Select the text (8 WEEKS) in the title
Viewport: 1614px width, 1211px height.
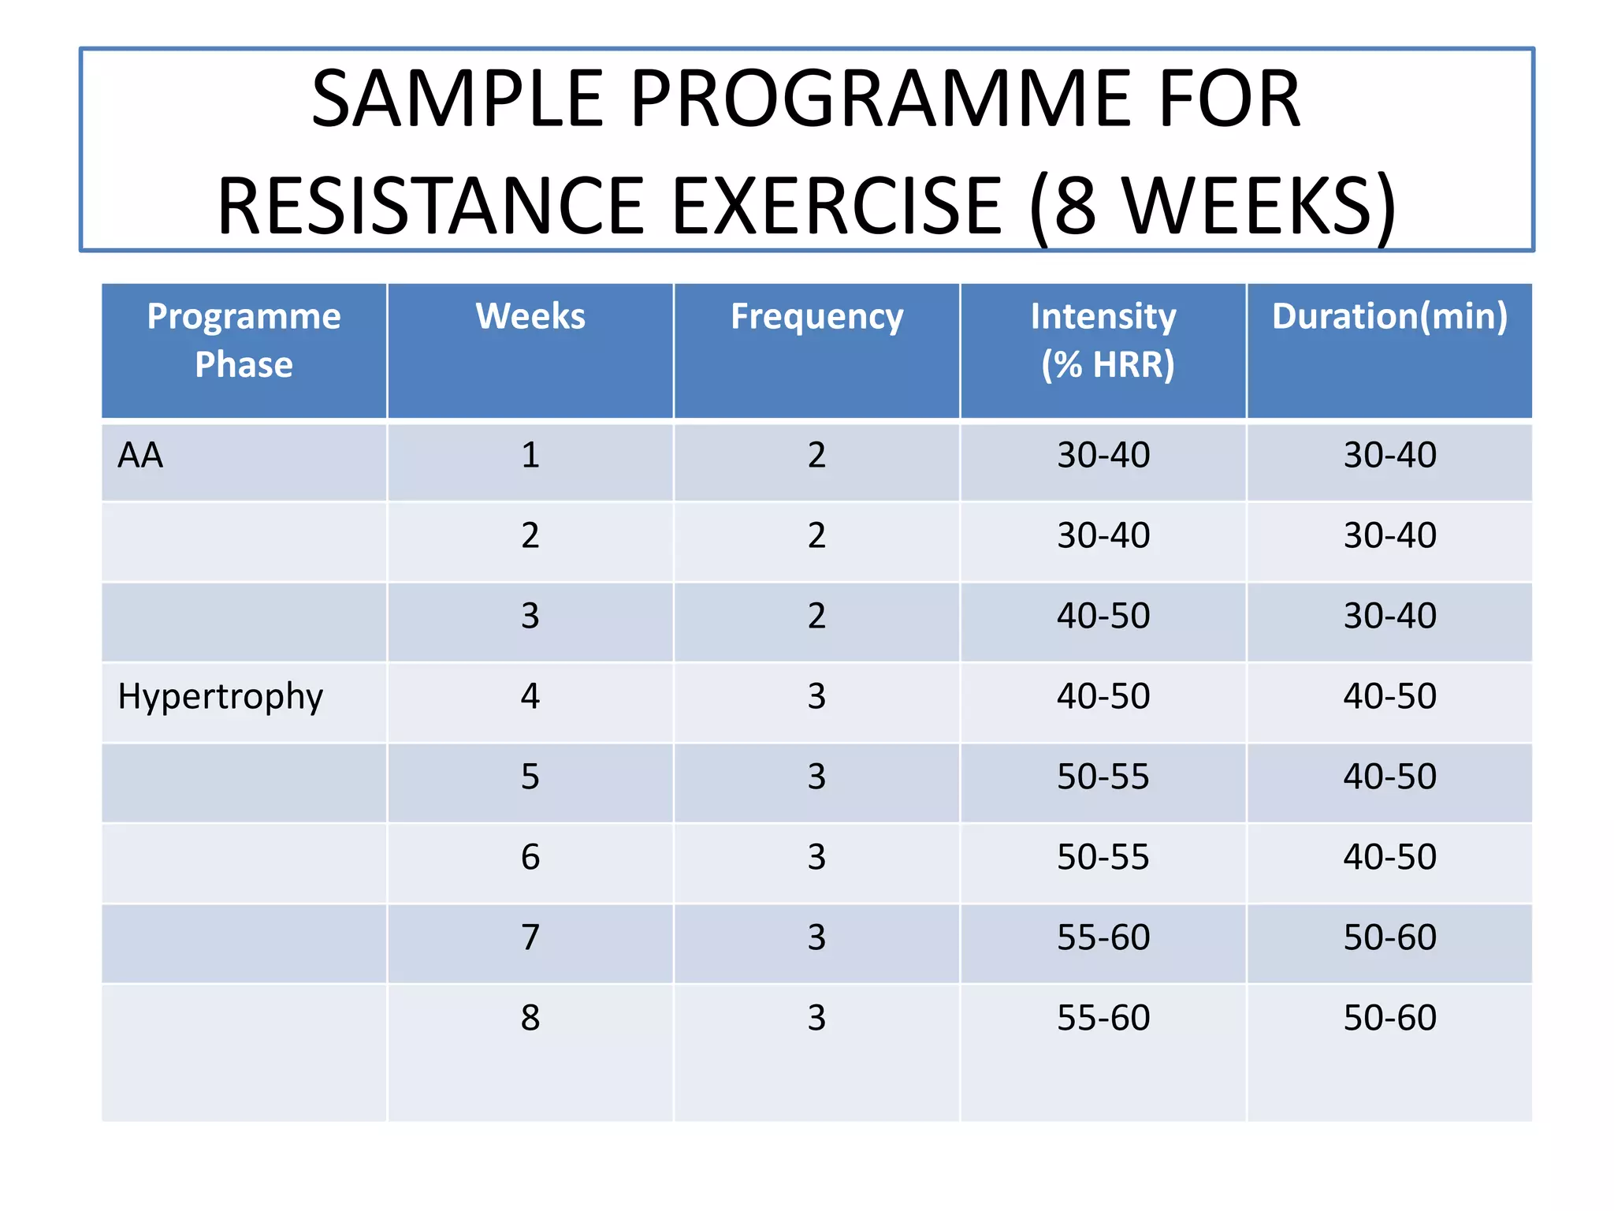click(x=1213, y=207)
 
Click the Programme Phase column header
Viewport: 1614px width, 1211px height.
click(x=244, y=341)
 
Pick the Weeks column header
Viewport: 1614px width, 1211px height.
click(x=530, y=317)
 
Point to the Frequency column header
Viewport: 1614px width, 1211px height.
click(x=816, y=317)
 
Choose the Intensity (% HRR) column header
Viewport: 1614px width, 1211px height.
click(x=1103, y=341)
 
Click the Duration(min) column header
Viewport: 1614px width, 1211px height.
click(x=1389, y=317)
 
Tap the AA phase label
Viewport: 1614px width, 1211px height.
click(x=140, y=456)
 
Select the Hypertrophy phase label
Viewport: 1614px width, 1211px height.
click(x=220, y=697)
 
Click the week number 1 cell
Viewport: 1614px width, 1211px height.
click(x=530, y=456)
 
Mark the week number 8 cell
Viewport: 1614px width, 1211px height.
click(x=530, y=1018)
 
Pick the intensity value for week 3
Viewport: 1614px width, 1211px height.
click(x=1103, y=616)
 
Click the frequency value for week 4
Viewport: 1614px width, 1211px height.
click(x=816, y=697)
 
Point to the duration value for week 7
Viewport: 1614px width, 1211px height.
click(x=1389, y=937)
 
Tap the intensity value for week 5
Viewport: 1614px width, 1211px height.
click(x=1103, y=777)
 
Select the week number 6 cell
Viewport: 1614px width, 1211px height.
click(x=530, y=857)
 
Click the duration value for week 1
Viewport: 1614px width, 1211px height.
click(x=1389, y=456)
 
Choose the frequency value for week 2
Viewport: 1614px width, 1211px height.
click(x=816, y=536)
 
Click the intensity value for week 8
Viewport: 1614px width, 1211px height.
click(x=1103, y=1018)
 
